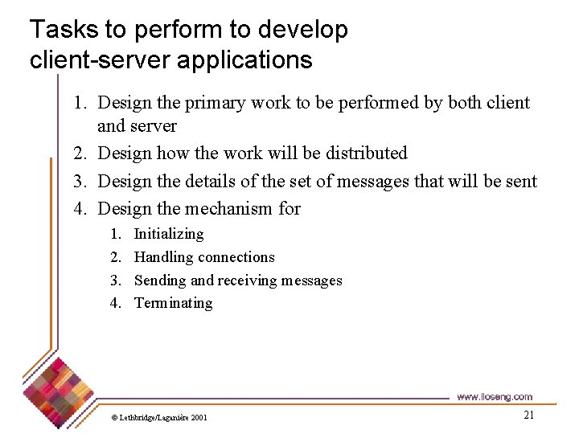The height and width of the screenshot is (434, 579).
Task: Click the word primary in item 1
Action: pos(215,103)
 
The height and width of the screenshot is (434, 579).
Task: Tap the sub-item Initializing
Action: pos(169,234)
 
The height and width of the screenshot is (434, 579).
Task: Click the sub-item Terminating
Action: pos(173,303)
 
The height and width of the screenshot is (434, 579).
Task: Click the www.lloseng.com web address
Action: pos(494,397)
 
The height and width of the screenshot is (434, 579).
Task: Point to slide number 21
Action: pos(528,415)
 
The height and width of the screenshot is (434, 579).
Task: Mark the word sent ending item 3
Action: pos(522,181)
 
